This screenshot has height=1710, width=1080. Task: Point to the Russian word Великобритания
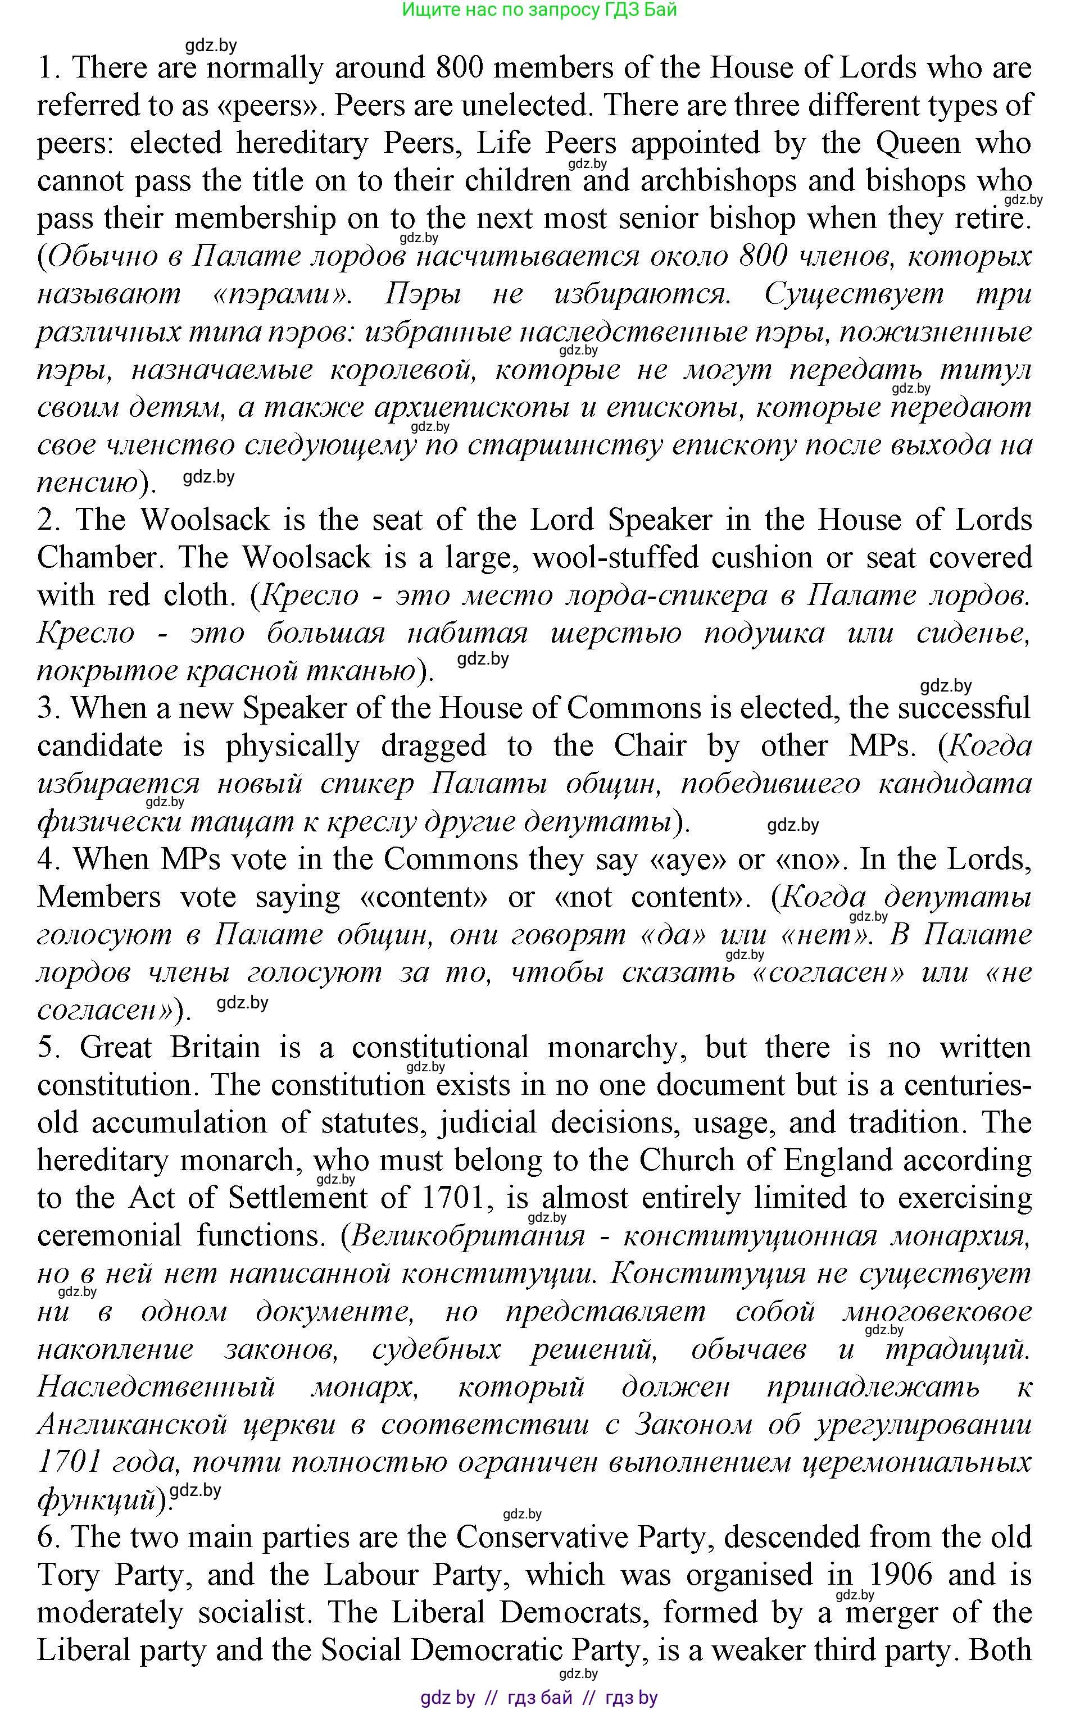[468, 1236]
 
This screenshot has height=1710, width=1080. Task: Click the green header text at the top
[539, 10]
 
